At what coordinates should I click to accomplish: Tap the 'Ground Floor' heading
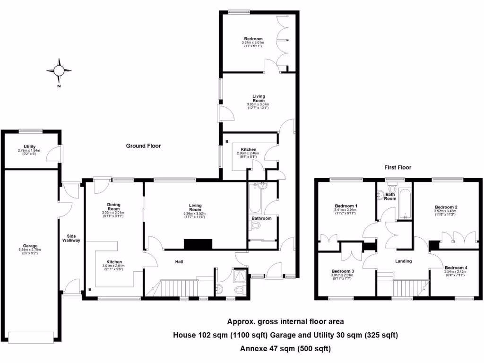point(143,146)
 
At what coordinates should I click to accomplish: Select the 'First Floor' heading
point(398,167)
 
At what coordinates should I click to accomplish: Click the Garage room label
point(30,246)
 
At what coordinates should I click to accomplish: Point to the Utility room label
point(30,147)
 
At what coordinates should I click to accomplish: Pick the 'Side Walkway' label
point(71,238)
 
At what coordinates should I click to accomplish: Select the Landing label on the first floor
point(403,261)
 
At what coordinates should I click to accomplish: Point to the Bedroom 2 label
point(446,207)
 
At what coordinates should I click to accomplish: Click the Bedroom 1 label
point(346,206)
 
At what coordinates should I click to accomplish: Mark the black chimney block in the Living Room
point(198,244)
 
